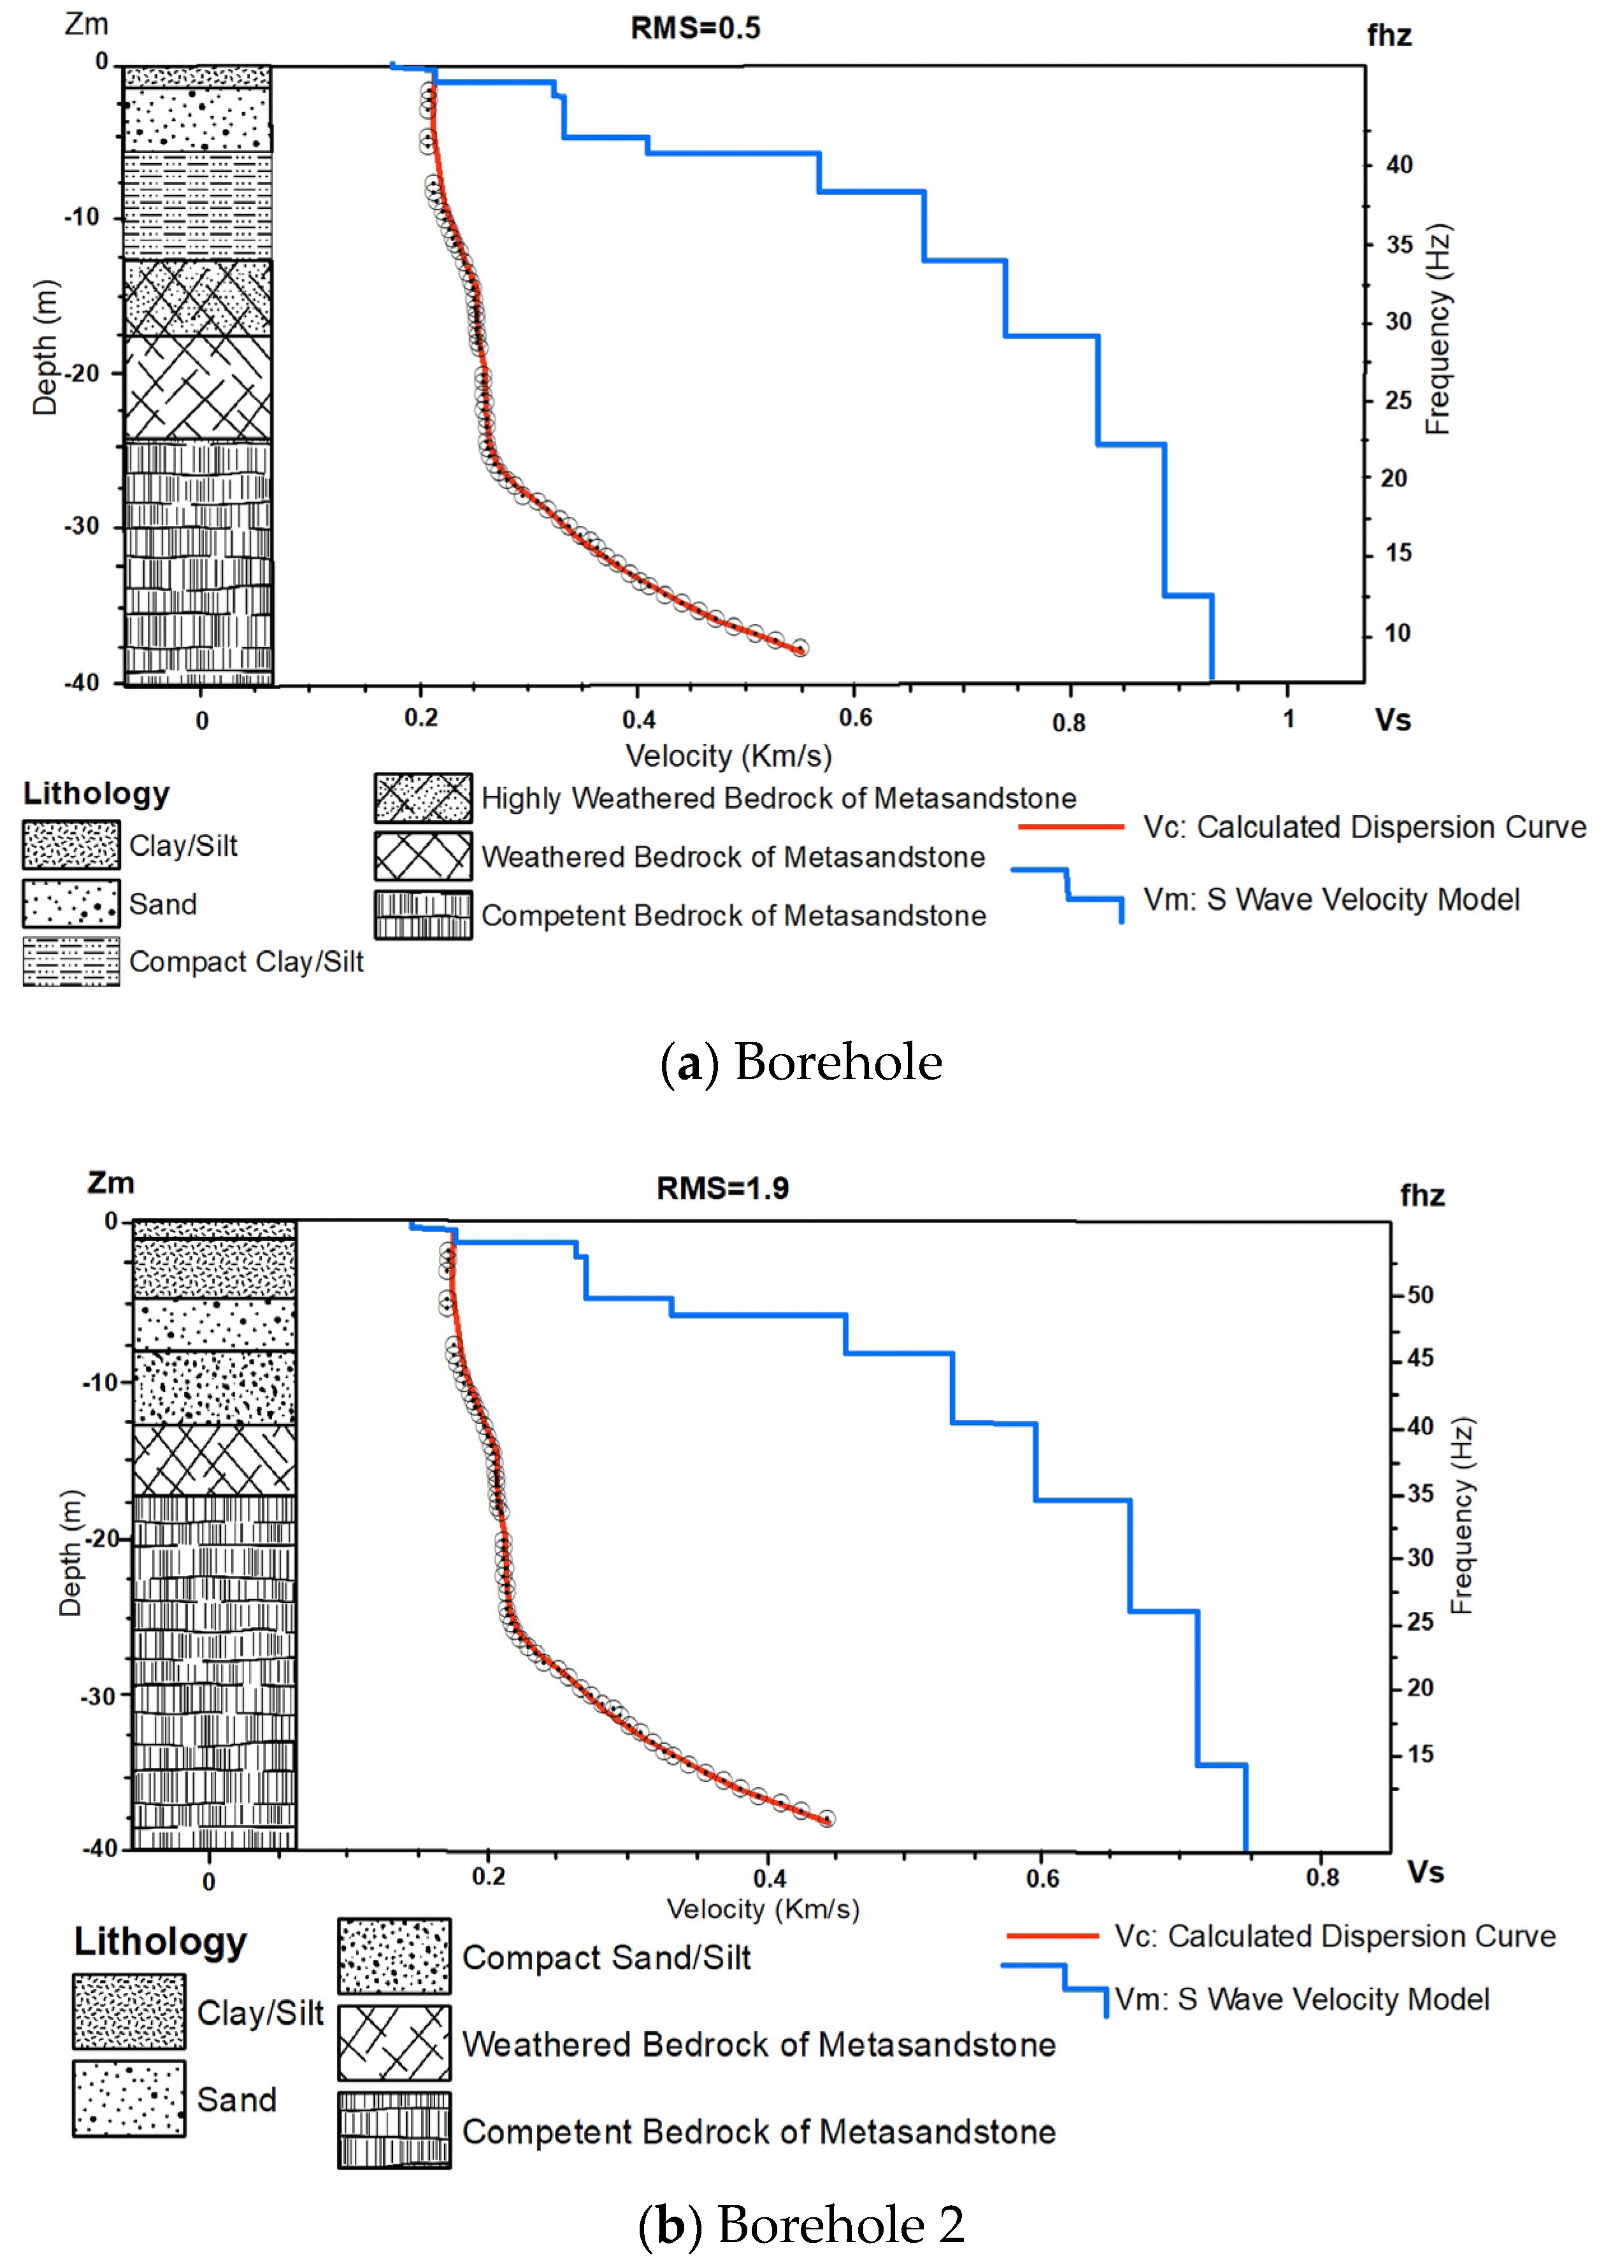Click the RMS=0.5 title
click(x=695, y=29)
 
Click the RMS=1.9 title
click(x=722, y=1188)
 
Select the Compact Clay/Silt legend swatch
click(x=71, y=960)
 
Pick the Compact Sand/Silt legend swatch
click(x=394, y=1956)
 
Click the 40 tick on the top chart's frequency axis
click(x=1399, y=164)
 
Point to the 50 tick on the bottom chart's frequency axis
click(x=1419, y=1294)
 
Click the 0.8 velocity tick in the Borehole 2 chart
click(x=1322, y=1876)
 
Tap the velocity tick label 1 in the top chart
click(x=1288, y=719)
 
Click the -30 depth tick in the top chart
click(x=83, y=526)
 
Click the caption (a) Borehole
click(x=800, y=1062)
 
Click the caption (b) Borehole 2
click(x=800, y=2224)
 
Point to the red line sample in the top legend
click(x=1070, y=826)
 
